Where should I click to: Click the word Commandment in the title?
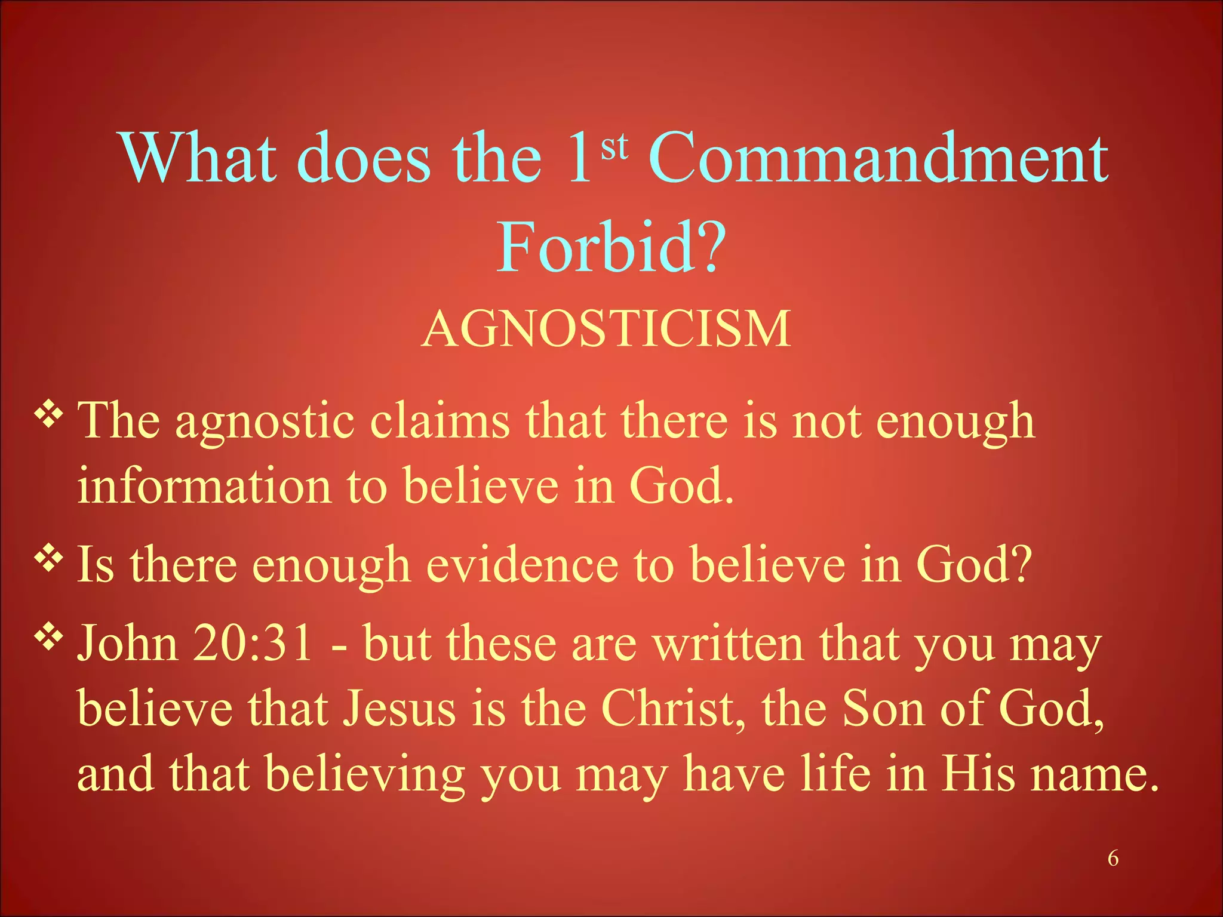click(878, 158)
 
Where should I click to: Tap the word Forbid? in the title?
click(611, 248)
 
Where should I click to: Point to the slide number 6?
click(1113, 858)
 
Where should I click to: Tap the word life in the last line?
click(835, 774)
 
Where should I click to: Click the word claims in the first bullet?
click(440, 421)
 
